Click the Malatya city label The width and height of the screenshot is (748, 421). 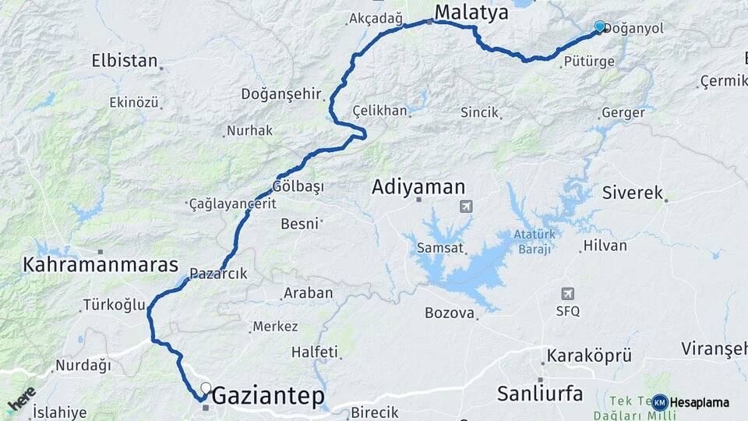pos(471,12)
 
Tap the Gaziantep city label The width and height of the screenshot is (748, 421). pos(268,396)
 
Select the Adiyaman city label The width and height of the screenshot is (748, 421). pos(418,187)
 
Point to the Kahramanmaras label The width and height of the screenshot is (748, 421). pos(101,264)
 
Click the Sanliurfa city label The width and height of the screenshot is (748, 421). pos(539,394)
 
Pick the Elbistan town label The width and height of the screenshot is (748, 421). pos(125,61)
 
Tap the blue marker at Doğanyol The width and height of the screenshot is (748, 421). pos(599,27)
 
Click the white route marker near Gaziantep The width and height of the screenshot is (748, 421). pos(206,387)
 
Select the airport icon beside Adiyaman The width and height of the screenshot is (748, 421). pos(466,207)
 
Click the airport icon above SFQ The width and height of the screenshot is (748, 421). pos(568,294)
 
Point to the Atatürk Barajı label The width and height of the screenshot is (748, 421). pos(532,242)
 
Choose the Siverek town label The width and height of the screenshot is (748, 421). pos(632,193)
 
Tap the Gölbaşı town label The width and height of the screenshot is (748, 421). pos(298,187)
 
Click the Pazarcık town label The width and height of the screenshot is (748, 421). pos(221,274)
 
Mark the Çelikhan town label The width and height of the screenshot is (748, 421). pos(379,111)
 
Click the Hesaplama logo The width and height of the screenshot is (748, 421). pos(691,402)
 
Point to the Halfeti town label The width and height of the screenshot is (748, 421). pos(315,352)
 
